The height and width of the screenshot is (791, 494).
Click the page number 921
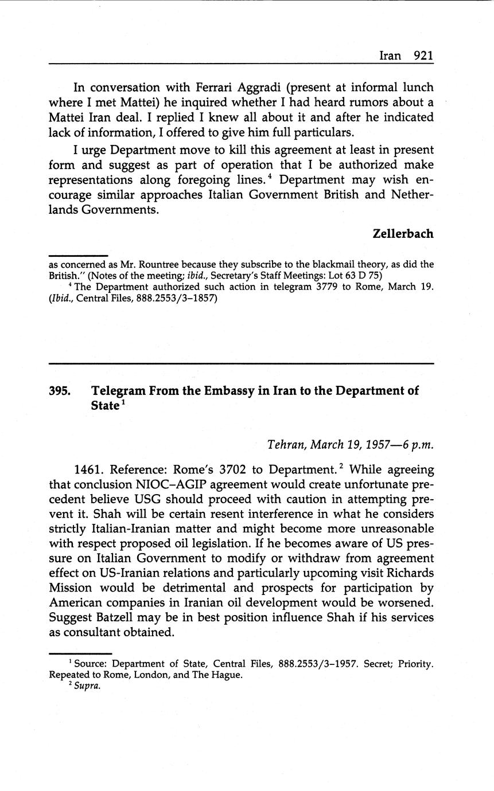click(423, 56)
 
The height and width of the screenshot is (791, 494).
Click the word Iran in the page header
click(390, 56)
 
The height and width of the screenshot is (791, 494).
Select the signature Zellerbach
click(403, 234)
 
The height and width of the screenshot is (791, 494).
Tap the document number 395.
click(60, 391)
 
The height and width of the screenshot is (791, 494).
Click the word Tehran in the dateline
click(287, 445)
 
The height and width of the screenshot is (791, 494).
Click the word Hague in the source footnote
click(228, 675)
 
